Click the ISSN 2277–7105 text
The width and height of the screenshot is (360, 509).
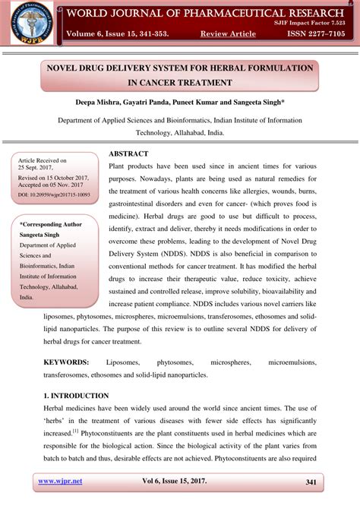pos(314,33)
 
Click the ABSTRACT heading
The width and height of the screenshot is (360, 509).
pos(128,153)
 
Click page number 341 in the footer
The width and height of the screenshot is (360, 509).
pos(311,482)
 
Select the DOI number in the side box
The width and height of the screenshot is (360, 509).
pos(54,194)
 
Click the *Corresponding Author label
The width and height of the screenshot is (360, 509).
pos(51,225)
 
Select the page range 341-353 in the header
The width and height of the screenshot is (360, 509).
pos(163,33)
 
